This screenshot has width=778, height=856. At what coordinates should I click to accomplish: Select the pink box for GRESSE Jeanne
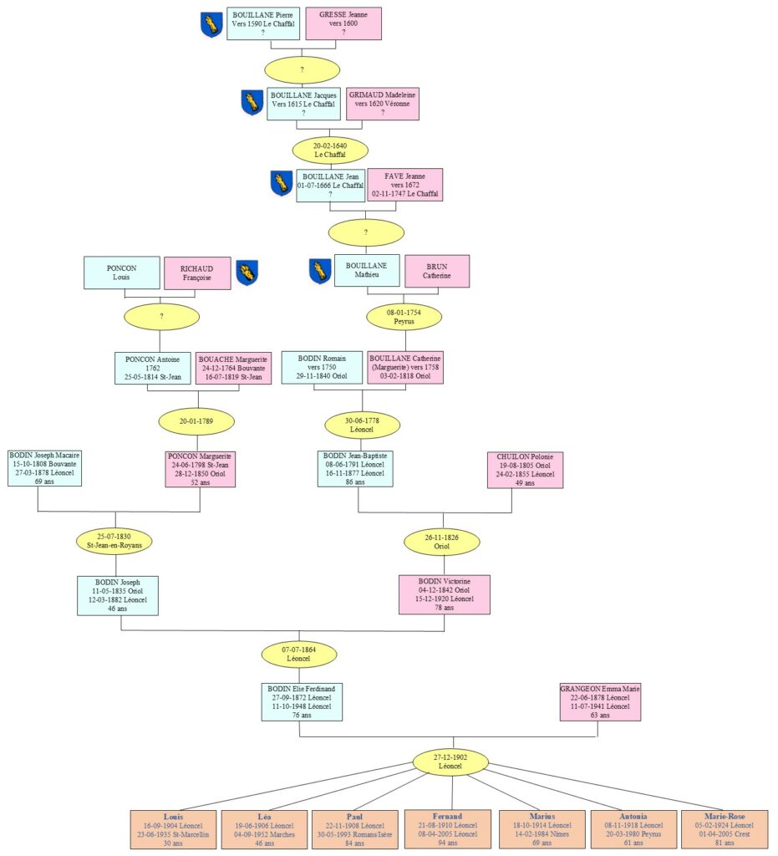click(x=343, y=23)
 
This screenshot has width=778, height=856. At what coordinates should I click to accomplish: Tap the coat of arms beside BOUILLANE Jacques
click(x=252, y=102)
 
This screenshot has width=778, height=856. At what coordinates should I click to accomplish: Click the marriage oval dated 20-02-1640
click(x=329, y=150)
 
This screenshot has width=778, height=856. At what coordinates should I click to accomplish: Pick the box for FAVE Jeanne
click(x=405, y=185)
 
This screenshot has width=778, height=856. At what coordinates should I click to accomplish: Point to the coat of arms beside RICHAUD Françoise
click(x=247, y=272)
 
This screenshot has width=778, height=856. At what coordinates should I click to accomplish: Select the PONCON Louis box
click(x=122, y=273)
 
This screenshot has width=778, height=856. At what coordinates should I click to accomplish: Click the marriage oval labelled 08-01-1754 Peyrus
click(x=404, y=317)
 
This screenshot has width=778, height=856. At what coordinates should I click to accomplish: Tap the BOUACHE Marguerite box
click(x=230, y=367)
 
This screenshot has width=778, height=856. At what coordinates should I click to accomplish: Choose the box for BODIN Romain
click(x=322, y=367)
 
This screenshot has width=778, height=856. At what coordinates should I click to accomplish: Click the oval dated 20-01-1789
click(x=197, y=420)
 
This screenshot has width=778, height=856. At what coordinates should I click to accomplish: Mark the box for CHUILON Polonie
click(x=525, y=470)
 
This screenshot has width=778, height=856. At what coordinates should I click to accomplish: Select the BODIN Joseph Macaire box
click(x=45, y=468)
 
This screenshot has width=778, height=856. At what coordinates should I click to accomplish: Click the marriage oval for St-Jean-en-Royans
click(x=114, y=540)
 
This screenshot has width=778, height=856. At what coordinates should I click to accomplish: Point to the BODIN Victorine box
click(x=444, y=594)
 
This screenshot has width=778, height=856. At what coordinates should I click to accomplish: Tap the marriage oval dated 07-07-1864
click(x=299, y=654)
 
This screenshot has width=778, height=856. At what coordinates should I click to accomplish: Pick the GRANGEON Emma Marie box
click(x=600, y=702)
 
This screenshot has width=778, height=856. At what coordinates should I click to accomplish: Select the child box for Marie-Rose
click(x=725, y=829)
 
